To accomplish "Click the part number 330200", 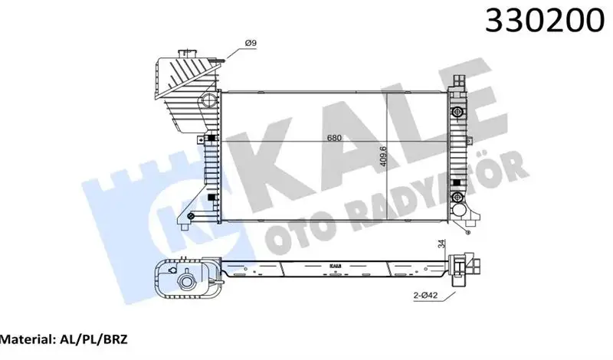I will coord(541,24).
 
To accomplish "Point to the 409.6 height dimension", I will coord(385,159).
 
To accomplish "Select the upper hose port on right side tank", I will coord(458,113).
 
